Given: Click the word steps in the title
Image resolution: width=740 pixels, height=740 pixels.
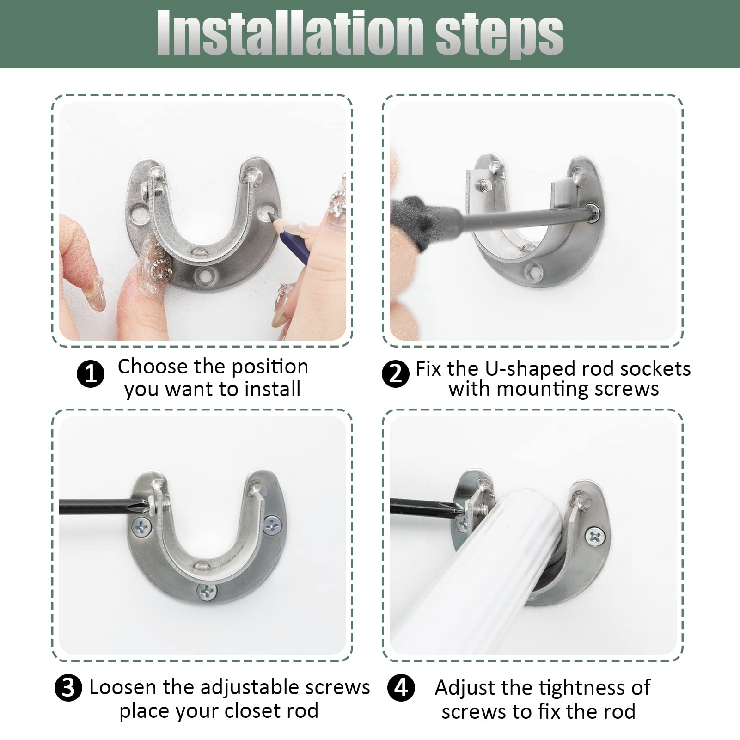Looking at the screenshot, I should pyautogui.click(x=499, y=33).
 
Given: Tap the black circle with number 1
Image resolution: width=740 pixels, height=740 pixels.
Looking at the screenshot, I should pyautogui.click(x=90, y=373).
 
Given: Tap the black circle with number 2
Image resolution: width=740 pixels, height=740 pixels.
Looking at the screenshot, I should pyautogui.click(x=396, y=373).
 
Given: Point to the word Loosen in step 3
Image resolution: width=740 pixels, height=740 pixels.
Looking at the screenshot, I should pyautogui.click(x=123, y=687).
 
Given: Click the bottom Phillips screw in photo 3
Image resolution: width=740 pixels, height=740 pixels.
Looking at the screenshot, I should pyautogui.click(x=207, y=590).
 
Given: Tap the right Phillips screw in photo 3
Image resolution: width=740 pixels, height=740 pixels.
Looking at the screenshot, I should pyautogui.click(x=273, y=525).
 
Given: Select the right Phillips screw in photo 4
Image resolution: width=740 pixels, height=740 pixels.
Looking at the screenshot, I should pyautogui.click(x=596, y=537).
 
